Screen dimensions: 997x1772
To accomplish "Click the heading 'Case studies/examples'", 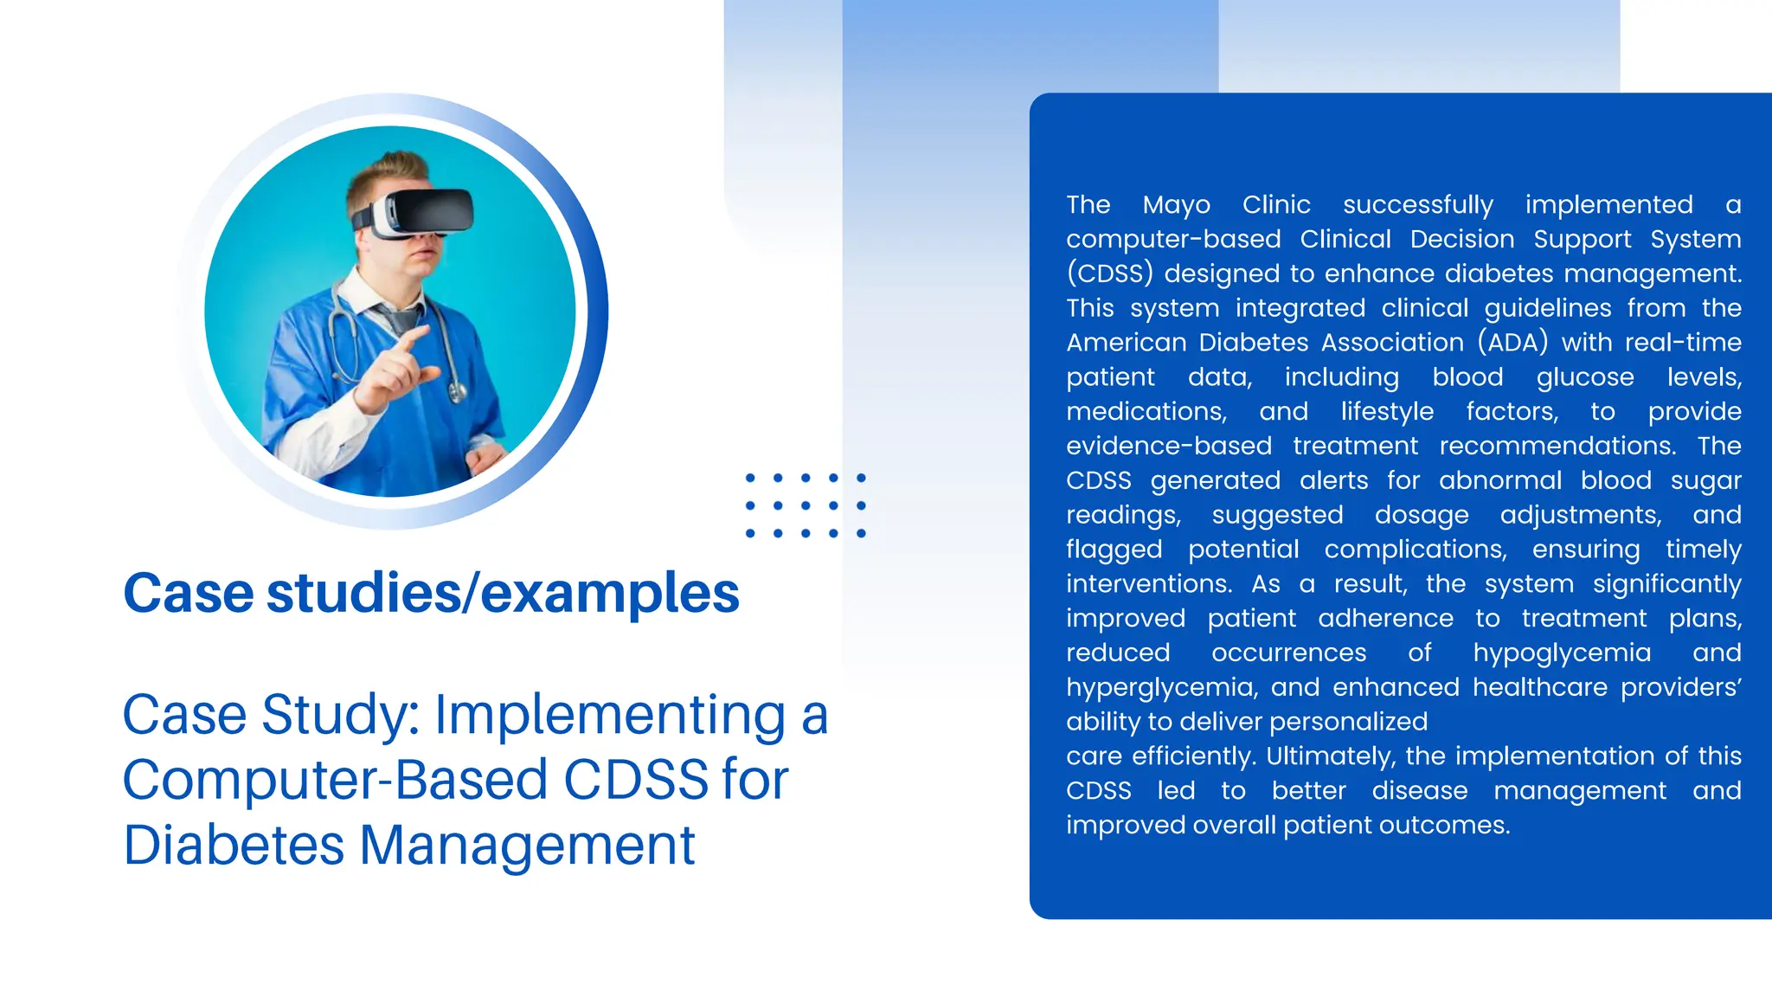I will coord(431,594).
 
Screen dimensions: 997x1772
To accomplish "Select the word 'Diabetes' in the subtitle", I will coord(234,846).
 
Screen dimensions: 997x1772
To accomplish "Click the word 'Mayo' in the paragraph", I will coord(1176,205).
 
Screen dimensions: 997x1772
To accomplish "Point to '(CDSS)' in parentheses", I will coord(1109,273).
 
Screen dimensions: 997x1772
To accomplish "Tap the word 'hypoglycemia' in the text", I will coord(1562,653).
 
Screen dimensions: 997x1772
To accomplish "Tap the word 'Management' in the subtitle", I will coord(527,846).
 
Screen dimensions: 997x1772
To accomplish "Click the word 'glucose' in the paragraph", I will coord(1584,377).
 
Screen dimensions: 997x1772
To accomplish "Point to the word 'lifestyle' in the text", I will coord(1387,412).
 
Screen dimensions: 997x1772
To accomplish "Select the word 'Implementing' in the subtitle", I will coord(610,715).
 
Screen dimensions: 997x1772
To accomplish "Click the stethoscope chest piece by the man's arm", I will coord(456,392).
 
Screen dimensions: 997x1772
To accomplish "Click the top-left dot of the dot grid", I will coord(750,478).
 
